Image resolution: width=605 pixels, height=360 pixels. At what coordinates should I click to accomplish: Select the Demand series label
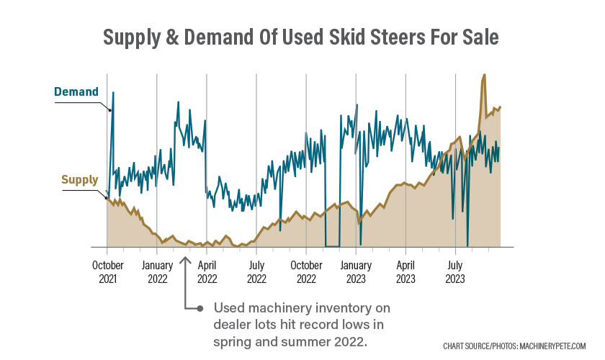[x=76, y=92]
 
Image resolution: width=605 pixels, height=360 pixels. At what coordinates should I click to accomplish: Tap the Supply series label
[x=80, y=180]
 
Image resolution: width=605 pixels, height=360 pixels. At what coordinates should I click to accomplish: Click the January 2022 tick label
[x=157, y=271]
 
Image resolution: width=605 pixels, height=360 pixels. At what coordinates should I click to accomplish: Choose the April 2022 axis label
[x=207, y=271]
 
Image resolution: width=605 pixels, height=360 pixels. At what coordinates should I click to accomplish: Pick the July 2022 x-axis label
[x=256, y=271]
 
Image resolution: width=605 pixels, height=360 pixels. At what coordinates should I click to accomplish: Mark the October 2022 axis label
[x=306, y=271]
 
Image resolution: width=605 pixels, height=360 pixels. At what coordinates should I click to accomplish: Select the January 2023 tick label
[x=356, y=271]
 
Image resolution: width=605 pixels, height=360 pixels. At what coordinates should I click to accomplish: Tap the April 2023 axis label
[x=405, y=271]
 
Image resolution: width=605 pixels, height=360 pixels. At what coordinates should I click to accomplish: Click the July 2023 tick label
[x=455, y=271]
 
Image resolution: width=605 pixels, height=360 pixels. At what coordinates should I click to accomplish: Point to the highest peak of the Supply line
[x=484, y=75]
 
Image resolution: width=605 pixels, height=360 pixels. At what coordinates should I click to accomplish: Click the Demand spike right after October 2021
[x=113, y=93]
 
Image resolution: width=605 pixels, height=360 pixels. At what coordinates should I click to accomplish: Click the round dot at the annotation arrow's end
[x=201, y=309]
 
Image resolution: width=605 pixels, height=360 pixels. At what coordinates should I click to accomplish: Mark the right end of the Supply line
[x=500, y=107]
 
